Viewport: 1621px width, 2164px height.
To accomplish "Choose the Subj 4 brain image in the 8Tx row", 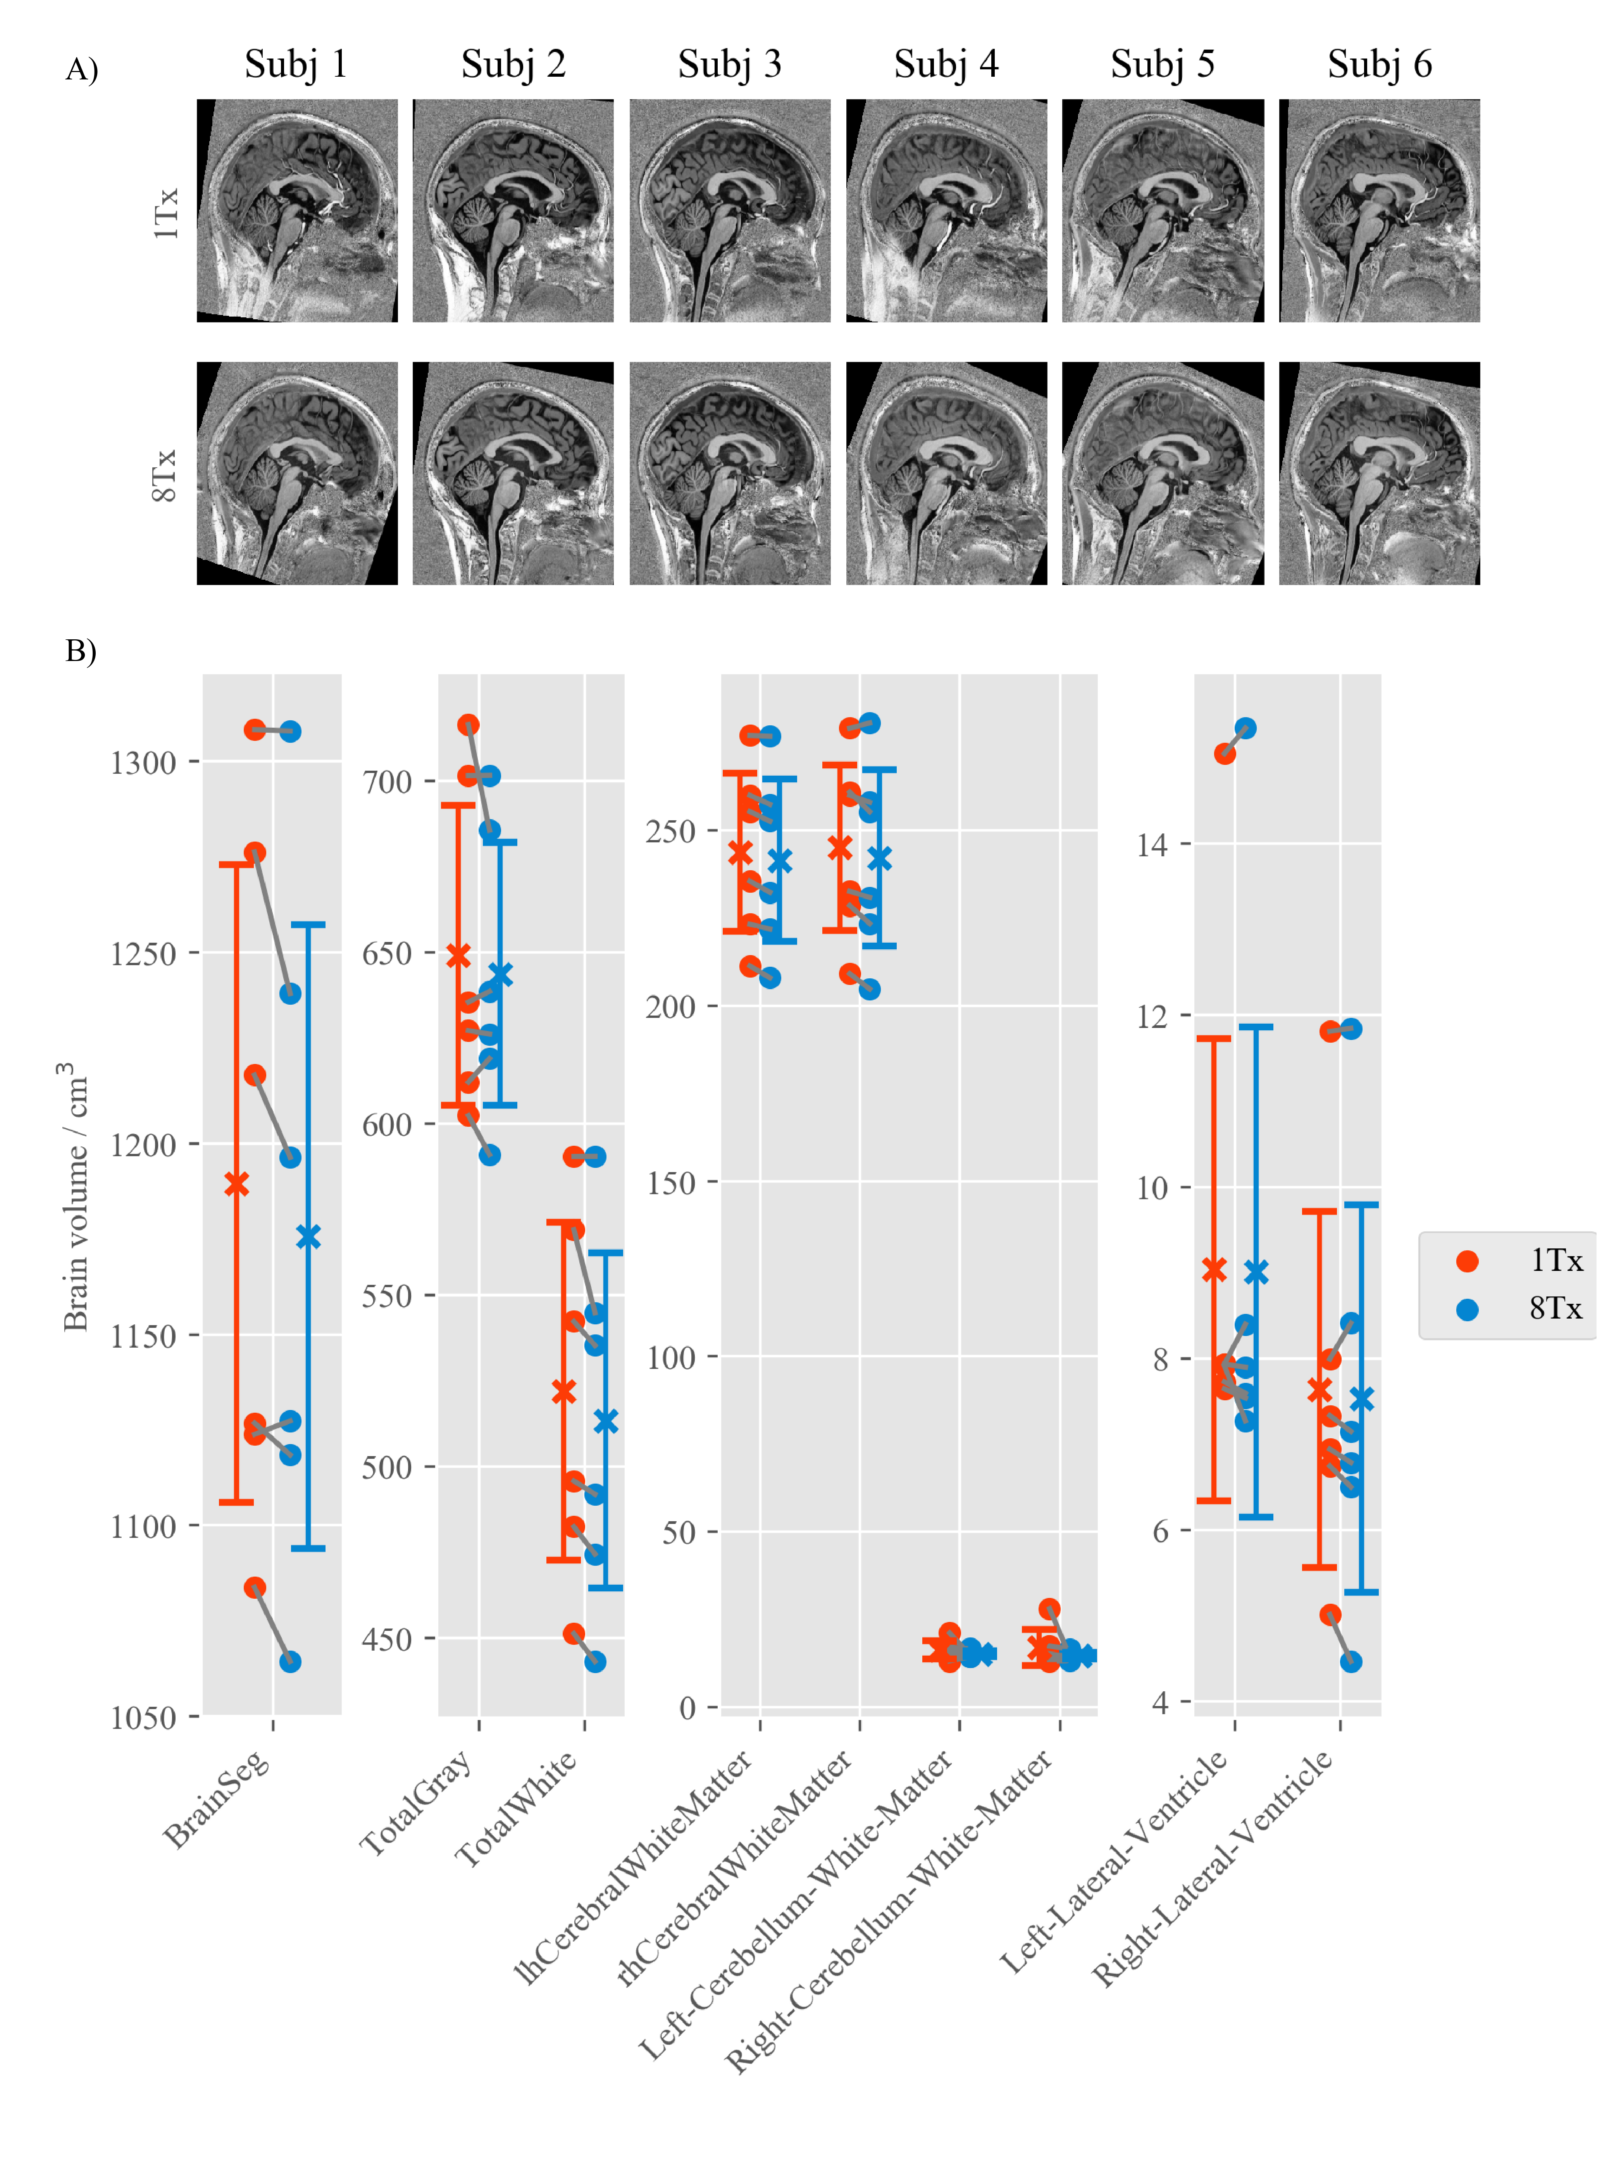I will tap(946, 473).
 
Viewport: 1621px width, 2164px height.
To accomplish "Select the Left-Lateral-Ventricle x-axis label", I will tap(1115, 1859).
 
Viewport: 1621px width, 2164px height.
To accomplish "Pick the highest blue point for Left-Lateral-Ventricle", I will tap(1245, 729).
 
